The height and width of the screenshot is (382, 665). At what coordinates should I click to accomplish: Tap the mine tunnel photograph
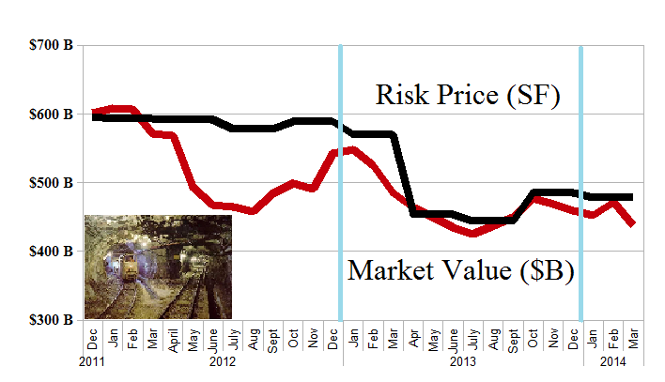pyautogui.click(x=158, y=267)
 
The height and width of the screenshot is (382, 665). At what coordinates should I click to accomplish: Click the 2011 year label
pyautogui.click(x=92, y=361)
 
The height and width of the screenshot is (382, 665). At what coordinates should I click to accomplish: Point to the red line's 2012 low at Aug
pyautogui.click(x=254, y=211)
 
